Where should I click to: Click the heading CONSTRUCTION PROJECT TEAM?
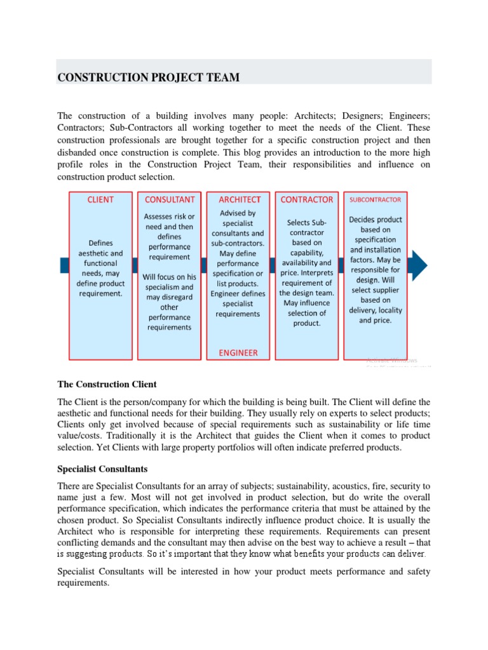[149, 77]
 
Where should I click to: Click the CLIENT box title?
[100, 199]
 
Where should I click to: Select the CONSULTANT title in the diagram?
[169, 199]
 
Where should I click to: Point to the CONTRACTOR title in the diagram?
[307, 199]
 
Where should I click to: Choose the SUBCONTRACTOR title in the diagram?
[375, 199]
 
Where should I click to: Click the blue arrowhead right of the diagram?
[419, 265]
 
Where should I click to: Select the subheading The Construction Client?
[107, 385]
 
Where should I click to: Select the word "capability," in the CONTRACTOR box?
[306, 252]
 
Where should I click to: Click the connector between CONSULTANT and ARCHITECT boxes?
[203, 265]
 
